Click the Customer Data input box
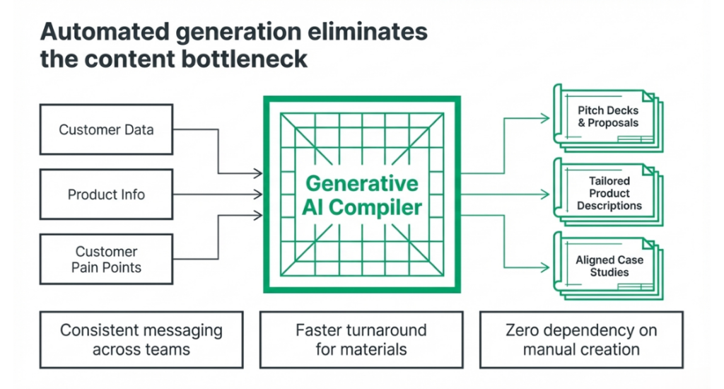pyautogui.click(x=106, y=129)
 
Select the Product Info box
pyautogui.click(x=106, y=194)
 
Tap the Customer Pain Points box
pyautogui.click(x=106, y=260)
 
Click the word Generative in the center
pyautogui.click(x=361, y=183)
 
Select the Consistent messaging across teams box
pyautogui.click(x=141, y=339)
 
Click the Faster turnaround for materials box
pyautogui.click(x=361, y=339)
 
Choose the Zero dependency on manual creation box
pyautogui.click(x=580, y=339)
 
